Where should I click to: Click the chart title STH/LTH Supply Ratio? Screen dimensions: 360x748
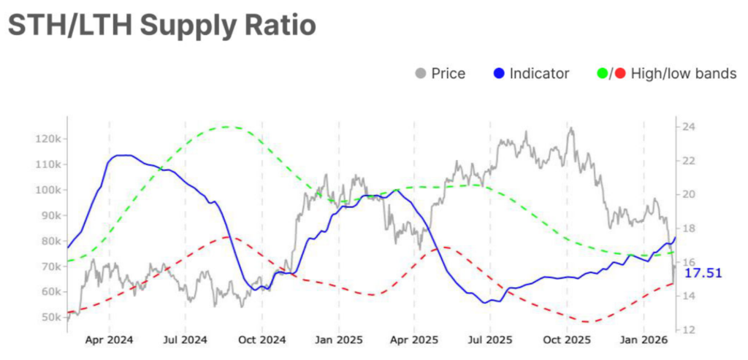161,26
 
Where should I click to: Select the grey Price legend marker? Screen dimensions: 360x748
420,73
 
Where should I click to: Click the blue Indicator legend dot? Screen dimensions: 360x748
498,73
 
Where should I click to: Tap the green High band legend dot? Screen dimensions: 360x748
603,73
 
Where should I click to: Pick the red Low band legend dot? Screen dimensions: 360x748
619,73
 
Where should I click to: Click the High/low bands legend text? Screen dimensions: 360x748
682,73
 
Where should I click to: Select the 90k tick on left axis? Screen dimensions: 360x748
51,215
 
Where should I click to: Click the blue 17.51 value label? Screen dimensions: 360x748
703,272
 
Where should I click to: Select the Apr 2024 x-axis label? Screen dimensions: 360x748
110,340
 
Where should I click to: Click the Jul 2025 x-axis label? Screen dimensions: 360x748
489,340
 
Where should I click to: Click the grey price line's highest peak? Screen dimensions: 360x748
570,129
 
